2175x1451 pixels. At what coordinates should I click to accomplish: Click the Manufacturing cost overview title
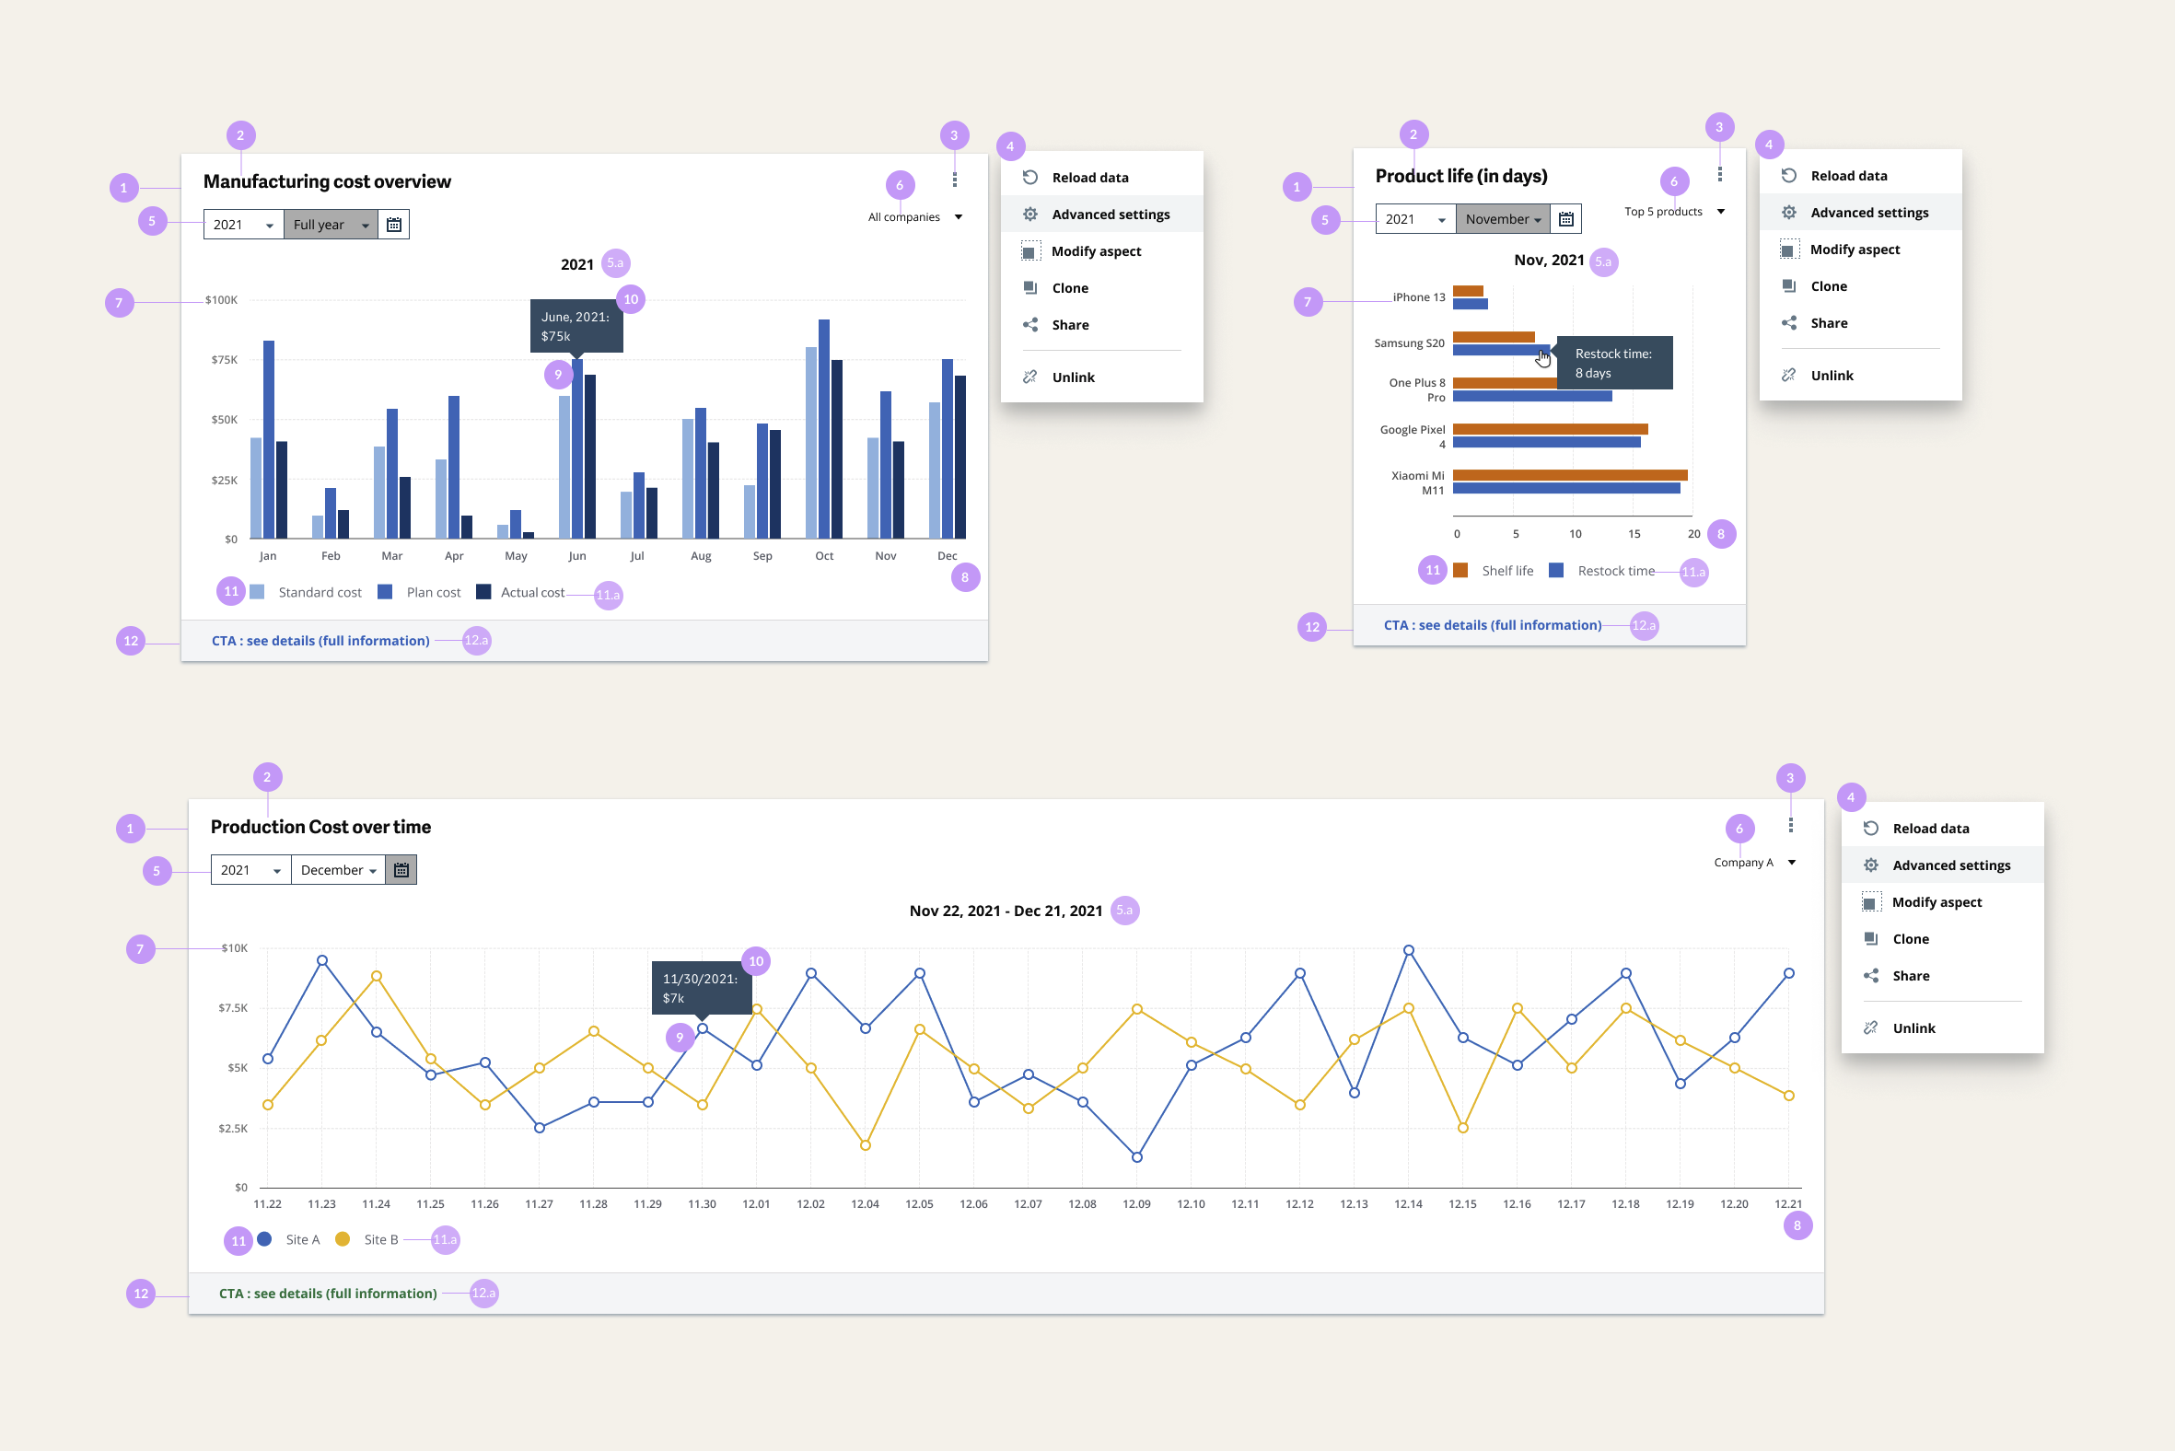coord(327,181)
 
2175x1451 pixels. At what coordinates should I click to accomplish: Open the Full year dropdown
coord(330,225)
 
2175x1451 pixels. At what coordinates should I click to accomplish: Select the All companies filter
coord(914,217)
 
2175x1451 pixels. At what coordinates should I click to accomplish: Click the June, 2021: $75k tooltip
coord(576,326)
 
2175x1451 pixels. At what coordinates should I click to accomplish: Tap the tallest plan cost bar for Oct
coord(824,425)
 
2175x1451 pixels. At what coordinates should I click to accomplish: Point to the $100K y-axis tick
coord(221,300)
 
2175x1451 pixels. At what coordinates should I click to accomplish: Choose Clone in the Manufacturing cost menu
coord(1070,288)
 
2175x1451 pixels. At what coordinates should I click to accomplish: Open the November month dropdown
coord(1502,219)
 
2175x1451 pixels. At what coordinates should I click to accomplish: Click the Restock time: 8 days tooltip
coord(1613,363)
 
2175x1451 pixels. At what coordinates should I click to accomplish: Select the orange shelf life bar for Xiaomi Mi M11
coord(1570,476)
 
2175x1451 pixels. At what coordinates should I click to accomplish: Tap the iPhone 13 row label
coord(1418,297)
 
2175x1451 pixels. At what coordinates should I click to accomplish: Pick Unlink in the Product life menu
coord(1831,376)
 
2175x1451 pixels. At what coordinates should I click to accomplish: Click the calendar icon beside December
coord(401,870)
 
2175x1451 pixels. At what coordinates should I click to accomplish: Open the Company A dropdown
coord(1753,863)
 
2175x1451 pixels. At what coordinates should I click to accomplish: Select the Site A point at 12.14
coord(1408,950)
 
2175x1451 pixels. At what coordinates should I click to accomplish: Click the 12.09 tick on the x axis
coord(1135,1204)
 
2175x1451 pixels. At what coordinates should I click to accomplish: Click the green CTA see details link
coord(328,1294)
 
